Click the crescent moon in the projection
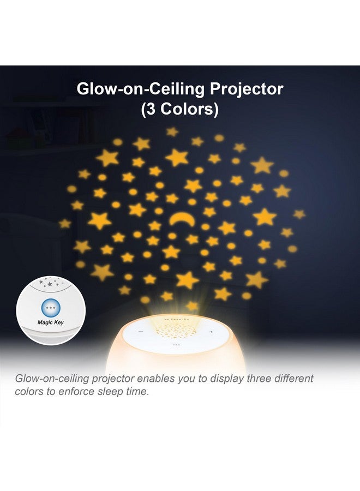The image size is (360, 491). pos(182,218)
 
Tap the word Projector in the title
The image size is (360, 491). pos(247,89)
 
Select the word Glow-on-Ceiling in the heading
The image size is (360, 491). pos(141,89)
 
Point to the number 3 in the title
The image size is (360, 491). pos(151,109)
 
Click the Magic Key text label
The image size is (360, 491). pos(50,322)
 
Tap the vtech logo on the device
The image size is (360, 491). pos(177,319)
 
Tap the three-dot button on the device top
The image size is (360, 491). pos(176,345)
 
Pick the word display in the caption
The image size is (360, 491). pos(227,379)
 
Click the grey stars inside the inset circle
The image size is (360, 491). pos(50,283)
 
